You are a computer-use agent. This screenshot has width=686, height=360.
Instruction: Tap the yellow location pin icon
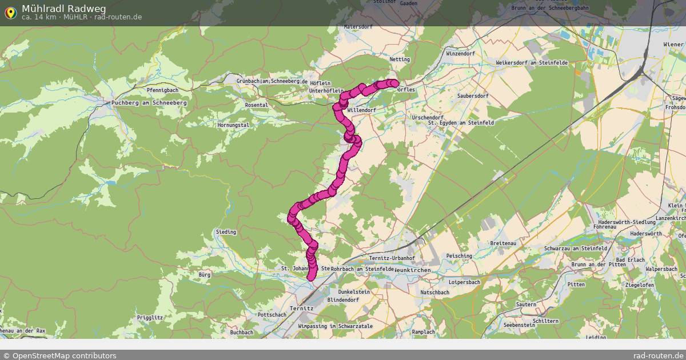(10, 12)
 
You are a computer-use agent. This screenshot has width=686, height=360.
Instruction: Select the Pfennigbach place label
(162, 90)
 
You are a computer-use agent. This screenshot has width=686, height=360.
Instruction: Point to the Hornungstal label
(233, 125)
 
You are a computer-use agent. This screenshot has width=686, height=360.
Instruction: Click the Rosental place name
(256, 105)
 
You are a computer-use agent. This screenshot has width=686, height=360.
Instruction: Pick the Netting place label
(400, 59)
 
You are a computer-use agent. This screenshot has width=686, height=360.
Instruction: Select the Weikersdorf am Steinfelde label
(532, 62)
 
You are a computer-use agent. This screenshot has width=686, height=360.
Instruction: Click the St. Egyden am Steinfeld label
(461, 122)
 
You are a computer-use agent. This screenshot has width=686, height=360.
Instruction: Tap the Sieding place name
(226, 232)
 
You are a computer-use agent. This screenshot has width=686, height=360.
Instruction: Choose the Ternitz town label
(302, 308)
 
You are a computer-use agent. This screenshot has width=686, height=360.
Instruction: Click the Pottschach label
(272, 315)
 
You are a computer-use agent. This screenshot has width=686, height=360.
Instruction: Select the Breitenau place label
(503, 243)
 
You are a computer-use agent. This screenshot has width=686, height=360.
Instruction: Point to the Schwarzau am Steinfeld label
(576, 249)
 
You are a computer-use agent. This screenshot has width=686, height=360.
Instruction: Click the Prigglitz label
(150, 317)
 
